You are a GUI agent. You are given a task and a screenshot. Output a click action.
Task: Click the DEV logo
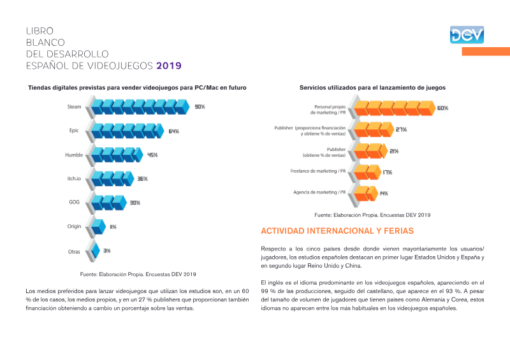tap(467, 35)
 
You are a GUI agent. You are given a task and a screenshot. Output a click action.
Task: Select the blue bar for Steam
tap(140, 107)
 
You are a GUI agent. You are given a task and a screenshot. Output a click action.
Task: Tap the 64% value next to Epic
tap(173, 131)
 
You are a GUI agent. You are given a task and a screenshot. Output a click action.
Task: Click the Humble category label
tap(74, 155)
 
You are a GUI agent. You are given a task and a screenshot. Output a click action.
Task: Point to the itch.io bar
tap(112, 178)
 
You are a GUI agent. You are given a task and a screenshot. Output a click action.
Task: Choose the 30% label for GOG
tap(135, 203)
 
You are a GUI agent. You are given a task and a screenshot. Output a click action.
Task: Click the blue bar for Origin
tap(98, 227)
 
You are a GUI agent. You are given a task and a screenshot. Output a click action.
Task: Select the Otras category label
tap(74, 252)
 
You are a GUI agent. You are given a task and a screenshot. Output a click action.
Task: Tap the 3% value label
tap(107, 251)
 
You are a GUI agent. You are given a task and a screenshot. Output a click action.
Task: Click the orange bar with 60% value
tap(395, 108)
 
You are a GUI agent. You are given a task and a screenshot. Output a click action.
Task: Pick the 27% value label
tap(401, 130)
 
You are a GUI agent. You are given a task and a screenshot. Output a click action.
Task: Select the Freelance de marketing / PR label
tap(317, 171)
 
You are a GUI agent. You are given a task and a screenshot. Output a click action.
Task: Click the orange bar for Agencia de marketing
tap(365, 194)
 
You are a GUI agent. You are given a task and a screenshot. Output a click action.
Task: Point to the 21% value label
tap(394, 151)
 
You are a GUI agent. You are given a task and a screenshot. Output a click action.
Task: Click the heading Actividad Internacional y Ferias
tap(337, 231)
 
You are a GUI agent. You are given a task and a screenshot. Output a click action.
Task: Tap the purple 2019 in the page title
tap(169, 66)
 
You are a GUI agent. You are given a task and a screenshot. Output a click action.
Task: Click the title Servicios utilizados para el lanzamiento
tap(372, 87)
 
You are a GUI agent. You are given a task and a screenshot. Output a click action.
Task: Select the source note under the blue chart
tap(138, 275)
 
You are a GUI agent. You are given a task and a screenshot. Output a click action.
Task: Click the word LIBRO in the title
tap(40, 31)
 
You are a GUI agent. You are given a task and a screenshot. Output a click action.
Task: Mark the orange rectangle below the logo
tap(486, 52)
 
